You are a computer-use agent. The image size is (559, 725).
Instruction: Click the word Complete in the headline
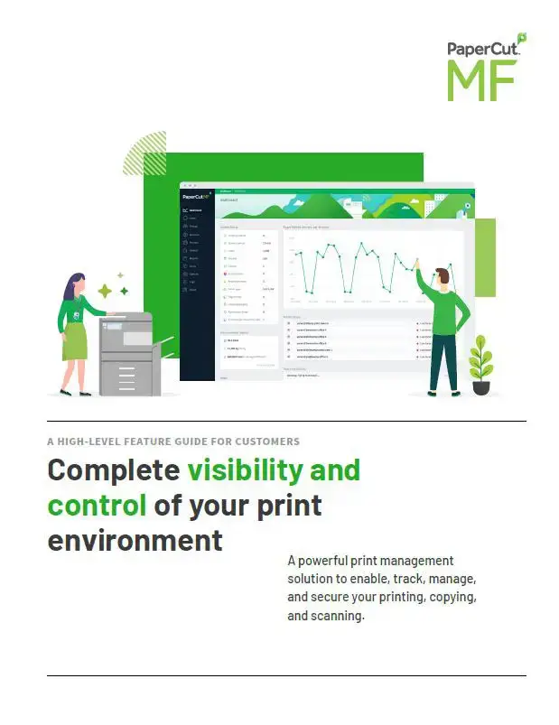click(113, 470)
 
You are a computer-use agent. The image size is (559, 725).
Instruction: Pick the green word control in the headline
click(97, 505)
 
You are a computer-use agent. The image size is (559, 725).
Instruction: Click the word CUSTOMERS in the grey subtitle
click(263, 442)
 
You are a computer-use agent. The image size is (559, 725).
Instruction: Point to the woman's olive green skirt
click(74, 341)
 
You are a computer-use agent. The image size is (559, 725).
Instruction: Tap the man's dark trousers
click(443, 361)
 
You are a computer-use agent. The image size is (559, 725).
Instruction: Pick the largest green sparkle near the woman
click(105, 291)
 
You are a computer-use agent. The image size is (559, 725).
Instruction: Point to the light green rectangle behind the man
click(485, 256)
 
